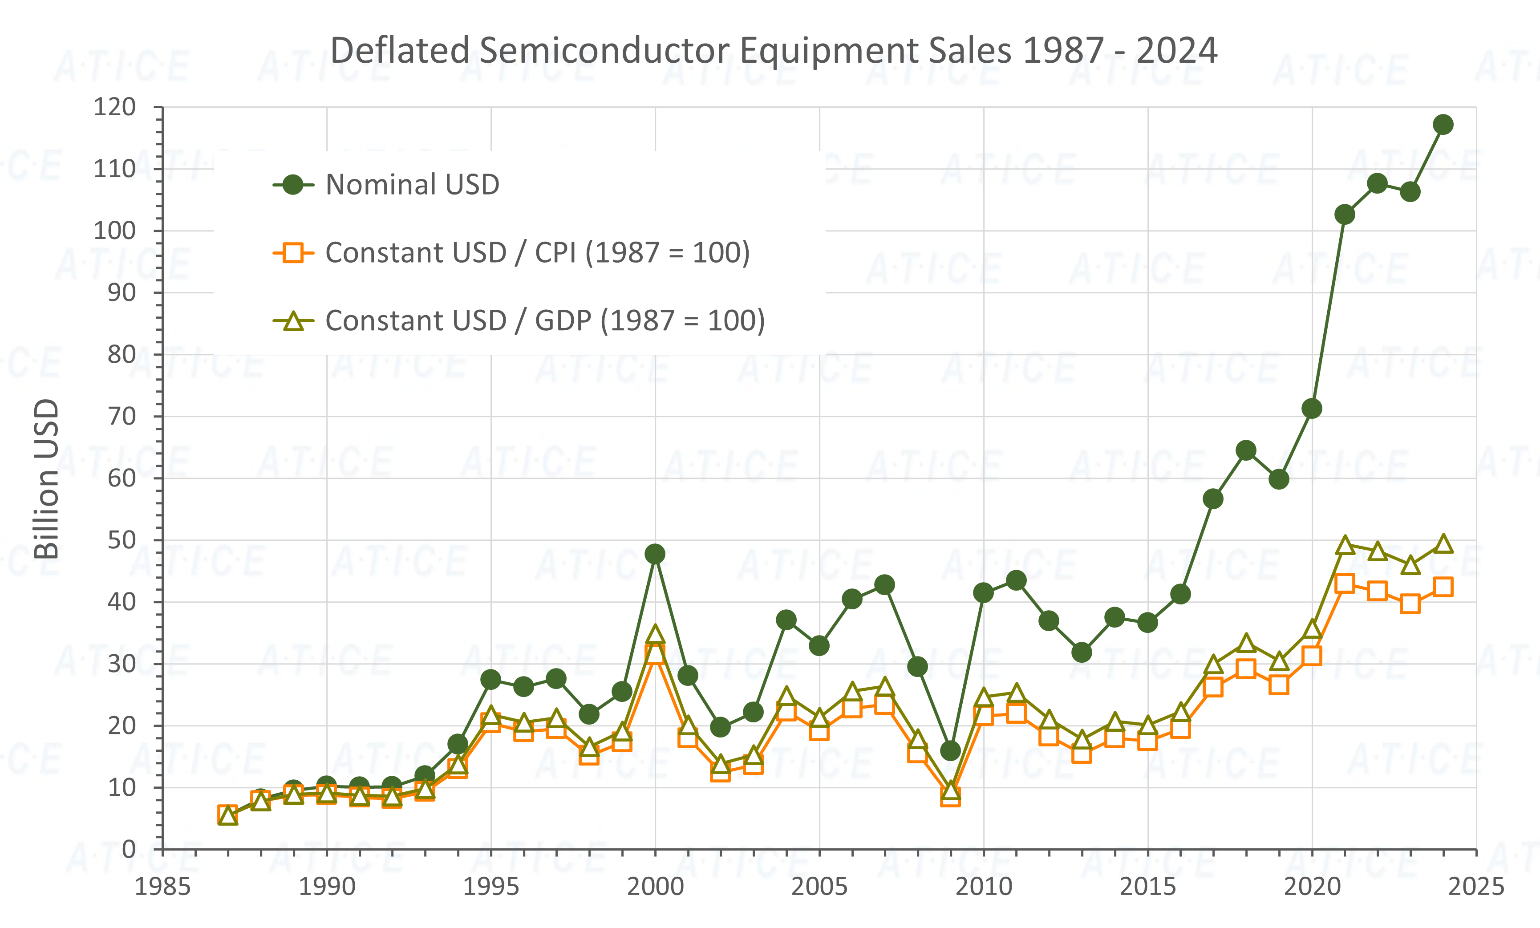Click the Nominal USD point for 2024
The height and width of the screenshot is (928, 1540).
point(1443,124)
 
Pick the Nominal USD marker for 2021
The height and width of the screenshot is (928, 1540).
point(1344,215)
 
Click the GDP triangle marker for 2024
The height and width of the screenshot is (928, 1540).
point(1443,544)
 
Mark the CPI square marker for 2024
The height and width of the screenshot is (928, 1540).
point(1443,587)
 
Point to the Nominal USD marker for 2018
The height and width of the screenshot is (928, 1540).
point(1246,450)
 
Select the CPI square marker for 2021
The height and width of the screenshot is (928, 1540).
point(1344,584)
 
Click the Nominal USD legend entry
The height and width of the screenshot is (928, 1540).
point(413,185)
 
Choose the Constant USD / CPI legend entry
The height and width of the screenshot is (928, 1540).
point(538,253)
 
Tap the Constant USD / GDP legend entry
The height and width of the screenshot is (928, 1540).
point(545,321)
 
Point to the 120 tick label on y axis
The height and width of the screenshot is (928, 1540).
point(114,107)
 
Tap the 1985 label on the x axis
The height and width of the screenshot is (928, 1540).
point(162,887)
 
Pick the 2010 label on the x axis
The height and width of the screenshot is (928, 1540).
point(984,887)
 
